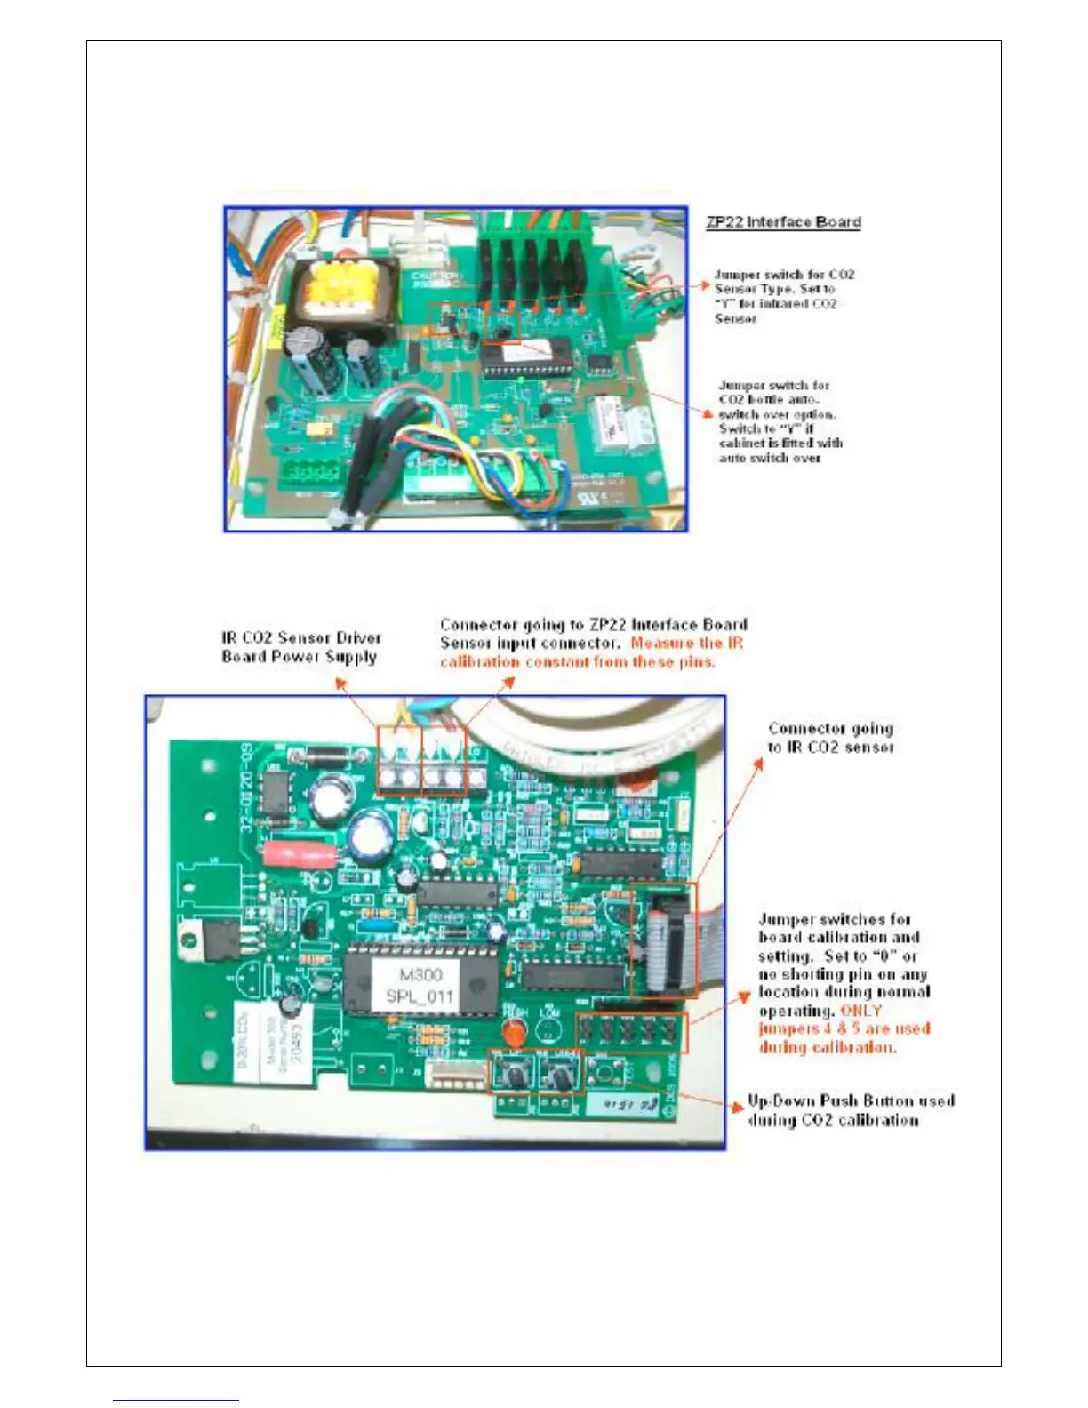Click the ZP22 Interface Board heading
[783, 222]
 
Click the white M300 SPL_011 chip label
[420, 986]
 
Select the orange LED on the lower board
[513, 1033]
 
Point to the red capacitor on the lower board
[300, 854]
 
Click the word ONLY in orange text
[860, 1011]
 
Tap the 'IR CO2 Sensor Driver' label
[301, 638]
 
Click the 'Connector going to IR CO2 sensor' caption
[831, 738]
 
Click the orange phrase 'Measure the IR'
[686, 643]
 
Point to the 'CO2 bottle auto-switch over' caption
[780, 421]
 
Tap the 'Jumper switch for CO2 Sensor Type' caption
[783, 296]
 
